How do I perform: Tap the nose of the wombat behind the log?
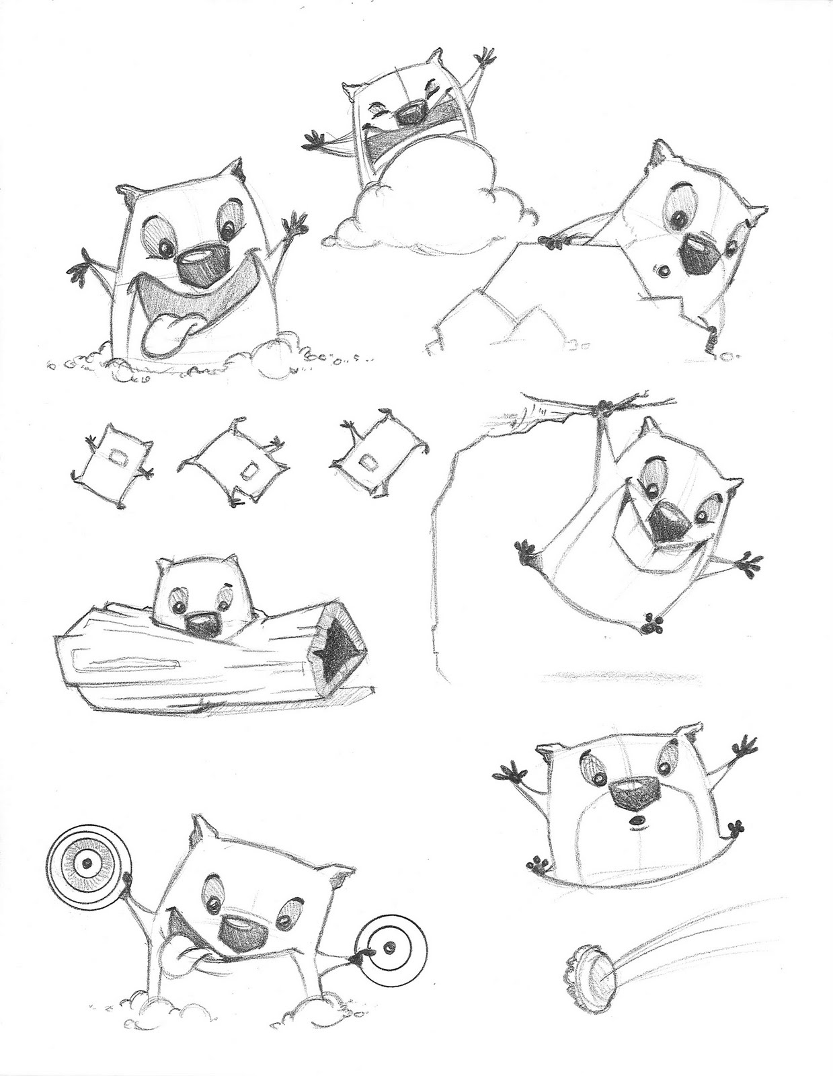[x=203, y=623]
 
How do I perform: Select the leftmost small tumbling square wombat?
[x=112, y=459]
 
